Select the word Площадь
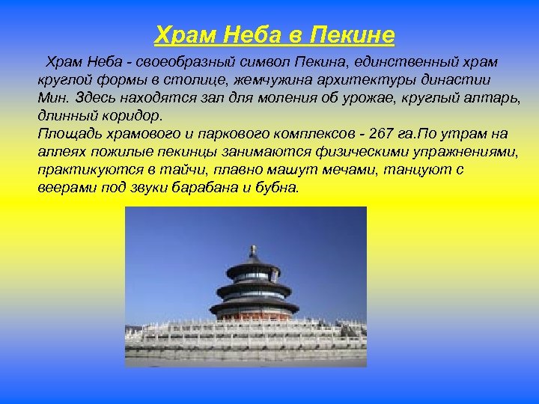click(x=65, y=134)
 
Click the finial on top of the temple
click(x=253, y=251)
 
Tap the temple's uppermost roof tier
click(x=253, y=267)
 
